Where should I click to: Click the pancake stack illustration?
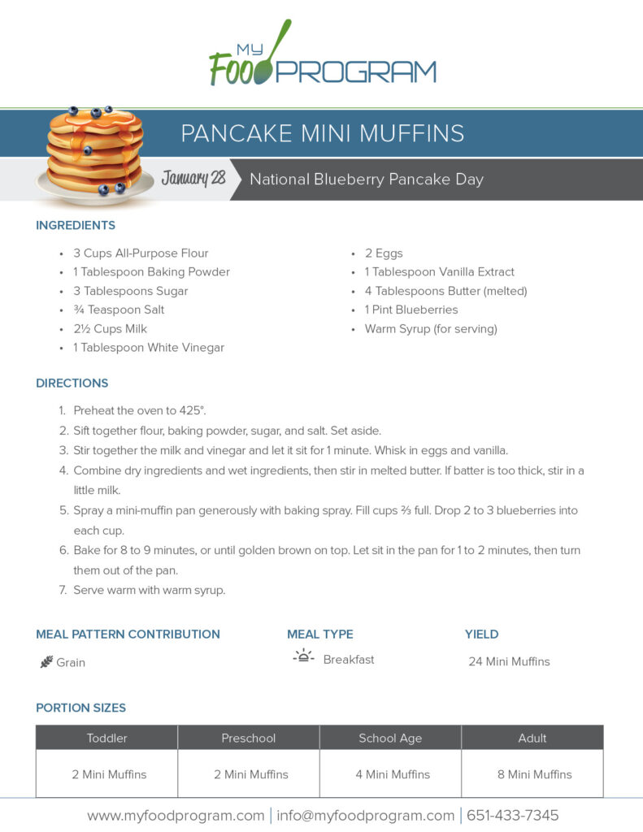point(95,153)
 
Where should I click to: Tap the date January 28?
point(193,178)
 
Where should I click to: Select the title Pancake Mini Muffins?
point(323,133)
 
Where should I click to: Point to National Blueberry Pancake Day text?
point(367,179)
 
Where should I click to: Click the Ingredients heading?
point(76,225)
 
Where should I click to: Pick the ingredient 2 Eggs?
point(383,253)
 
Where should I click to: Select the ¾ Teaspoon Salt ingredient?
point(119,310)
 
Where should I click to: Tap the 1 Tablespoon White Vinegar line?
point(149,348)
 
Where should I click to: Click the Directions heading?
point(72,383)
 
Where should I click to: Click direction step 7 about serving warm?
point(149,591)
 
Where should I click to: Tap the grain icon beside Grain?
point(46,662)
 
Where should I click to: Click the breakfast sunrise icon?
point(303,656)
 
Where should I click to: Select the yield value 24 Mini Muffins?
point(509,661)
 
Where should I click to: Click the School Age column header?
point(390,738)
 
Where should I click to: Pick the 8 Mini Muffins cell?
point(534,774)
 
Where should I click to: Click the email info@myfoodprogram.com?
point(365,815)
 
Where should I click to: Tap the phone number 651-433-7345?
point(512,815)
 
